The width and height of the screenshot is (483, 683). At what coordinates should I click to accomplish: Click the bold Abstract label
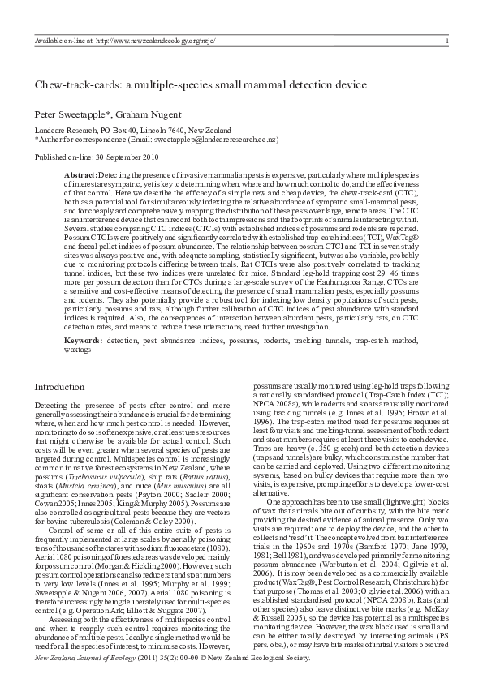(80, 175)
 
